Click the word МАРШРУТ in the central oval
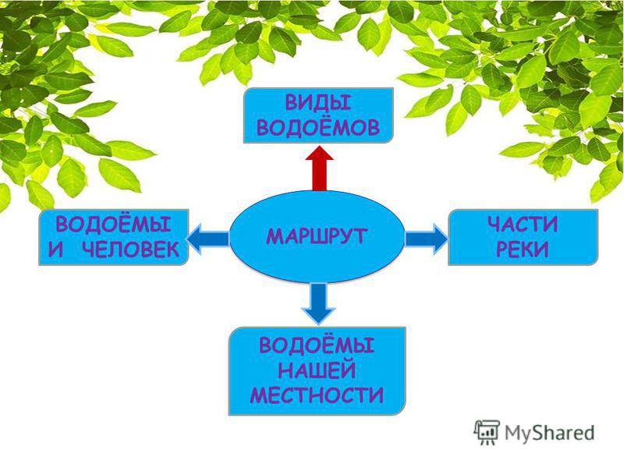pyautogui.click(x=317, y=236)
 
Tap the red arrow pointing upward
pyautogui.click(x=319, y=168)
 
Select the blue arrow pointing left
pyautogui.click(x=207, y=239)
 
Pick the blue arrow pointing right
pyautogui.click(x=426, y=239)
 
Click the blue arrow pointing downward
pyautogui.click(x=319, y=303)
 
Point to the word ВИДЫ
pyautogui.click(x=318, y=103)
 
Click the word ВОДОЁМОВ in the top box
pyautogui.click(x=318, y=128)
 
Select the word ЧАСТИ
pyautogui.click(x=523, y=225)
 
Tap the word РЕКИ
pyautogui.click(x=523, y=250)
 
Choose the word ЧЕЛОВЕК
pyautogui.click(x=131, y=250)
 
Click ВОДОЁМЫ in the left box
pyautogui.click(x=113, y=224)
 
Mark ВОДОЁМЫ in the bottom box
pyautogui.click(x=317, y=345)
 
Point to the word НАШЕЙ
pyautogui.click(x=317, y=370)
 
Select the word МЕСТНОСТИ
pyautogui.click(x=317, y=395)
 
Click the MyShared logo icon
pyautogui.click(x=486, y=432)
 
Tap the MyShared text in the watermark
pyautogui.click(x=549, y=433)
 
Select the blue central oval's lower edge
pyautogui.click(x=317, y=282)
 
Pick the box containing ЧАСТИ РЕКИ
pyautogui.click(x=523, y=237)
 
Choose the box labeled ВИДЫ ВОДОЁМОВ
pyautogui.click(x=318, y=115)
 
